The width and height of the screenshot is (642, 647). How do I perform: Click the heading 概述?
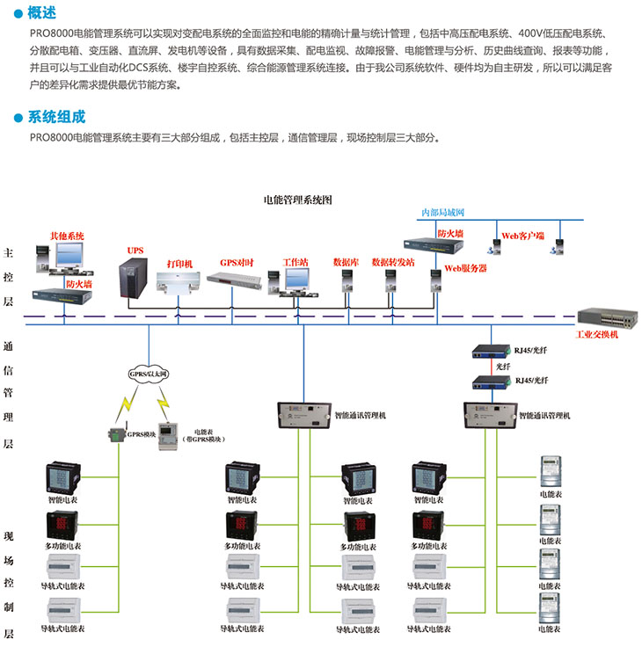42,12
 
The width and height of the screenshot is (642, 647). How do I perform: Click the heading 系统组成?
56,117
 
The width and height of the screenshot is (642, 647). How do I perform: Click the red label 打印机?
179,263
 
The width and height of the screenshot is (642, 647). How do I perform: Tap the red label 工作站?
295,262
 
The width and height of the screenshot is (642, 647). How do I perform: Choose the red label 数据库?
345,262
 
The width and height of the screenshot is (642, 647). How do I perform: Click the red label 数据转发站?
392,262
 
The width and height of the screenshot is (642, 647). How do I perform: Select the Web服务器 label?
465,268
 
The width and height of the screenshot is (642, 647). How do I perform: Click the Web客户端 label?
523,236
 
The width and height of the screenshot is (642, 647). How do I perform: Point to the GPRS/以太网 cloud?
148,373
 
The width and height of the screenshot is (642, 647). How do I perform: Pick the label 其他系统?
67,236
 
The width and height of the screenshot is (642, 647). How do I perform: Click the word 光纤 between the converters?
502,366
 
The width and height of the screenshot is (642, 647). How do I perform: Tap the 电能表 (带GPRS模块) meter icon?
169,436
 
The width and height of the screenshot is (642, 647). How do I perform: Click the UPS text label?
135,251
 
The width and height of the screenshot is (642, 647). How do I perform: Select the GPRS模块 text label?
142,434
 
